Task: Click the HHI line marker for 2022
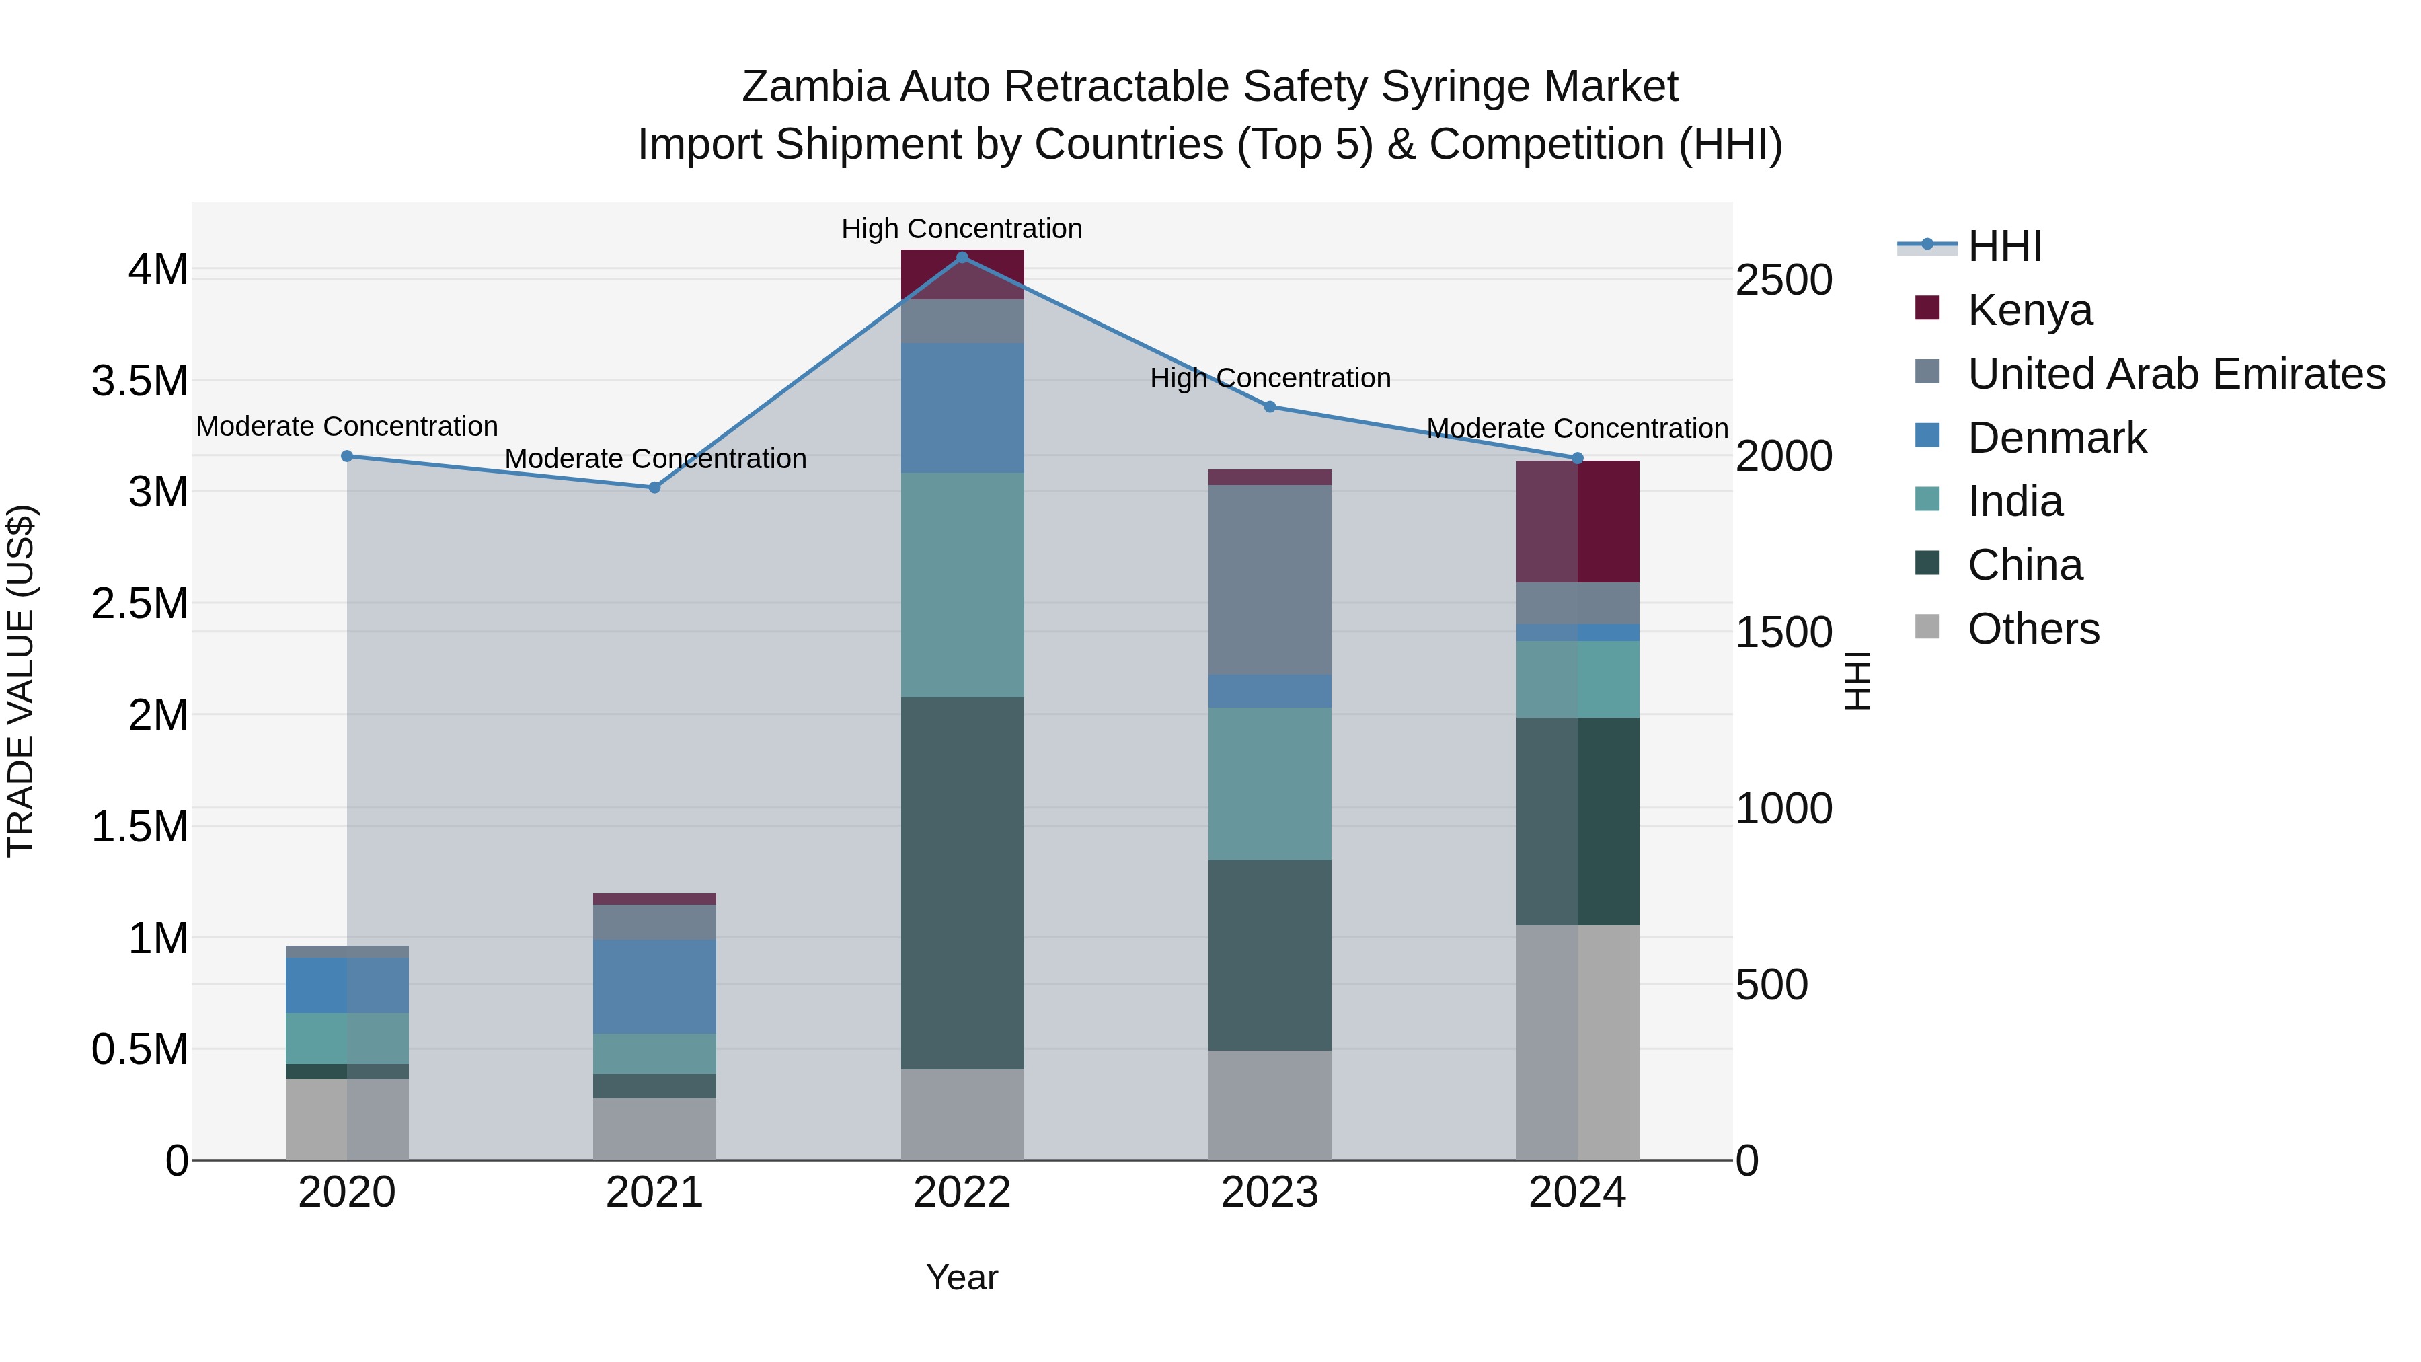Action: point(962,257)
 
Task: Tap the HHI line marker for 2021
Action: point(655,487)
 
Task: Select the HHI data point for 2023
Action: point(1270,406)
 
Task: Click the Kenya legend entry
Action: point(2030,309)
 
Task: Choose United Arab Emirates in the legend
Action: point(2176,373)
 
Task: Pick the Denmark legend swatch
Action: point(1927,436)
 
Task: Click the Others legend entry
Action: point(2033,628)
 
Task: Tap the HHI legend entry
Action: point(2004,246)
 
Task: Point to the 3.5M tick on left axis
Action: point(140,381)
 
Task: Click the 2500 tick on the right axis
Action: point(1783,280)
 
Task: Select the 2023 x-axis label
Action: point(1270,1192)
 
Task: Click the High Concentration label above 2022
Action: point(962,229)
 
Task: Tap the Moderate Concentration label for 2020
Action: point(347,426)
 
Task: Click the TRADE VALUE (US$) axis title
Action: point(21,681)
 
